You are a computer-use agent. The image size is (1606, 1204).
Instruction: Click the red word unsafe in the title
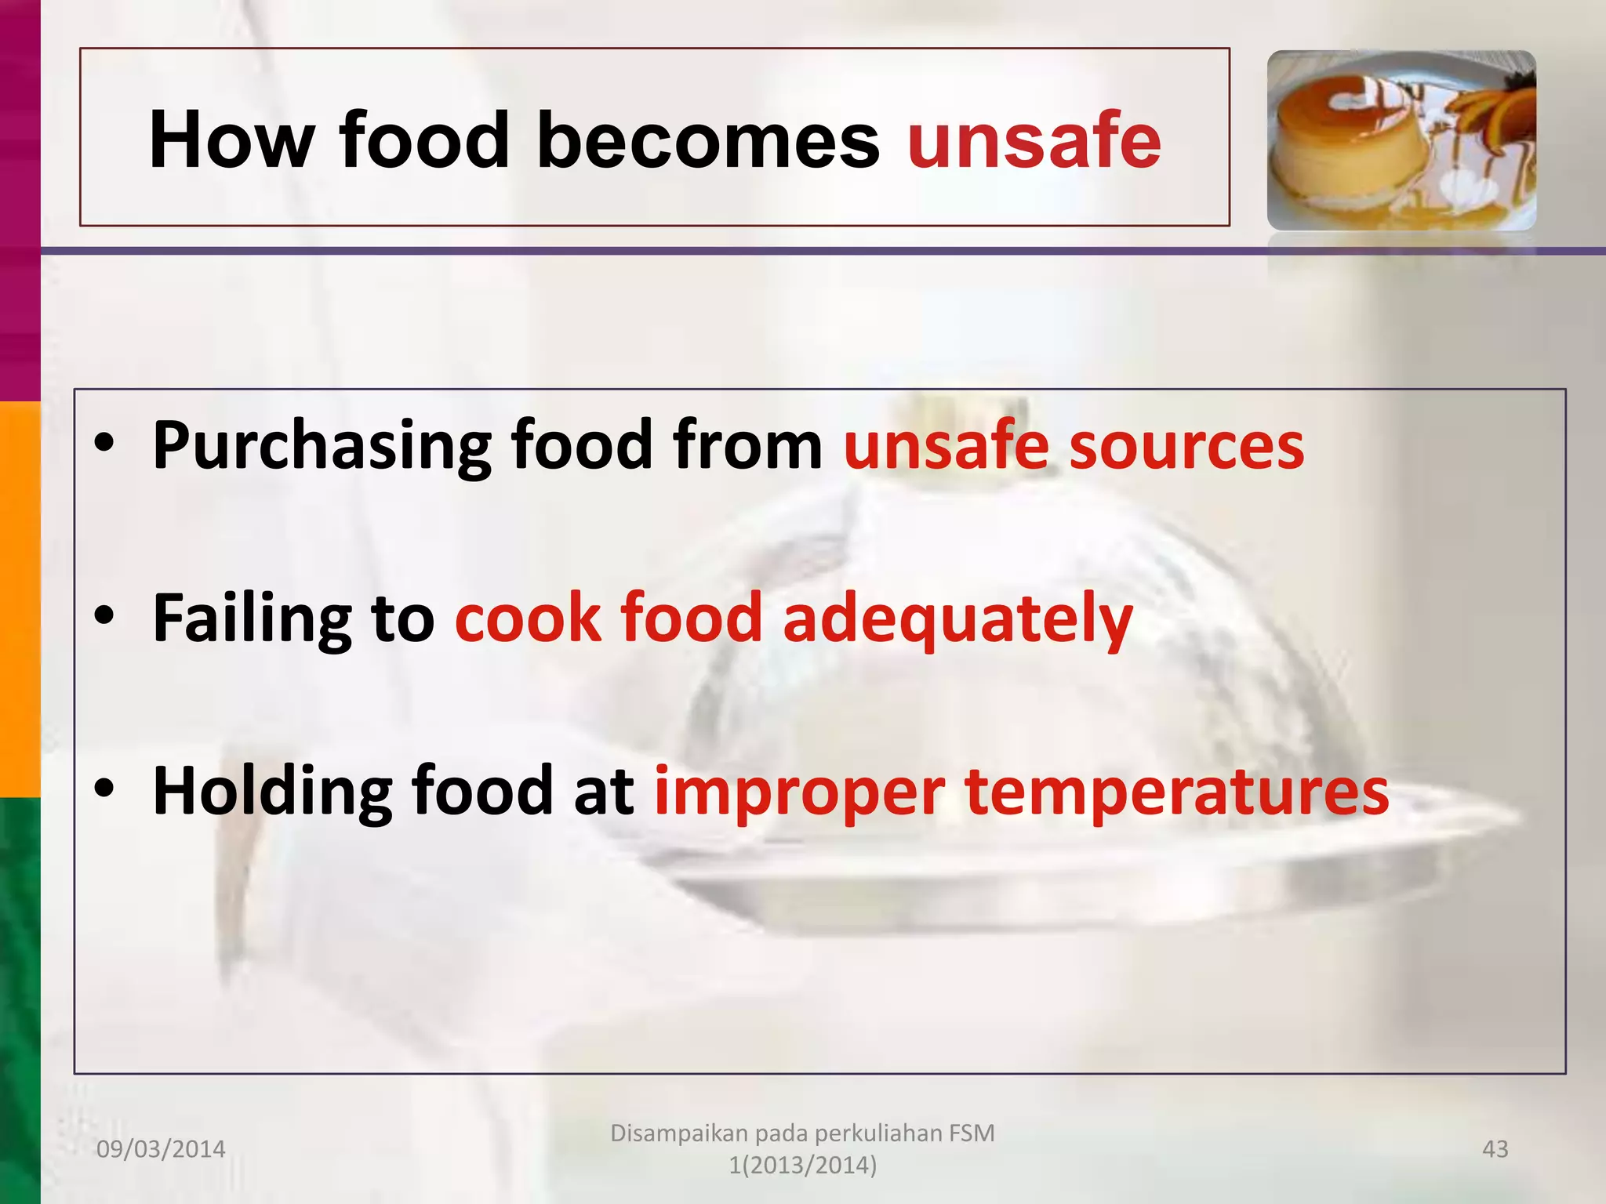(x=1034, y=141)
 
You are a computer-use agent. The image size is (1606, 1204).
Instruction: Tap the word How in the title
(x=232, y=141)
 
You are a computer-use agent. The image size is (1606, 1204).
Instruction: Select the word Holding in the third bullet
(x=271, y=792)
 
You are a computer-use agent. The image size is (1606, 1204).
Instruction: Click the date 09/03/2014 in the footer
(x=161, y=1149)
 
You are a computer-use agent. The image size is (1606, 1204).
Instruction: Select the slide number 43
(x=1495, y=1149)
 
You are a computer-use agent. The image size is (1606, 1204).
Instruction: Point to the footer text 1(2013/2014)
(x=802, y=1166)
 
